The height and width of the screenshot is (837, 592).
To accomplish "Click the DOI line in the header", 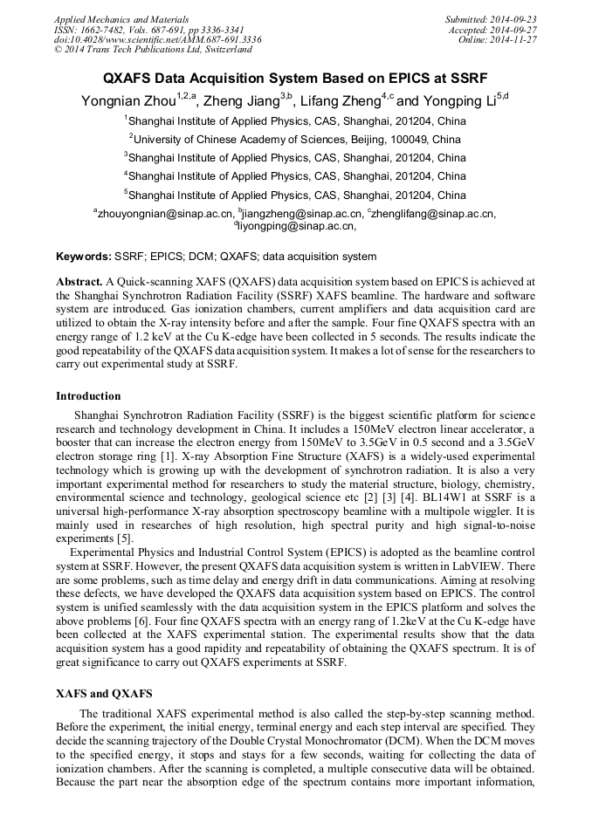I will (157, 39).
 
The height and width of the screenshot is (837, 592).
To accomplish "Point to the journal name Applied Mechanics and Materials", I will (121, 18).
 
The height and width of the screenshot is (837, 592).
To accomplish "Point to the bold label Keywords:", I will (84, 257).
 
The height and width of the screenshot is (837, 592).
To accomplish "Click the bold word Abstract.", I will (79, 283).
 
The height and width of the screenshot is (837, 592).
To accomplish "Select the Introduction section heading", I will (88, 396).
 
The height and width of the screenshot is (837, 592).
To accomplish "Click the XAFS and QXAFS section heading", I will (105, 693).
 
